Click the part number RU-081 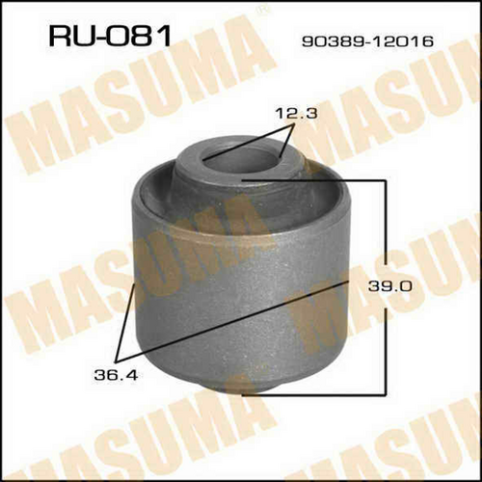point(110,37)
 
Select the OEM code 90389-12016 point(367,41)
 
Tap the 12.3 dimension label point(296,114)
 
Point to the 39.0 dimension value point(390,285)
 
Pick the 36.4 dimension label point(116,375)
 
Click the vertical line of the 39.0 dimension point(385,287)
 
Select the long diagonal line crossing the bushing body point(233,320)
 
